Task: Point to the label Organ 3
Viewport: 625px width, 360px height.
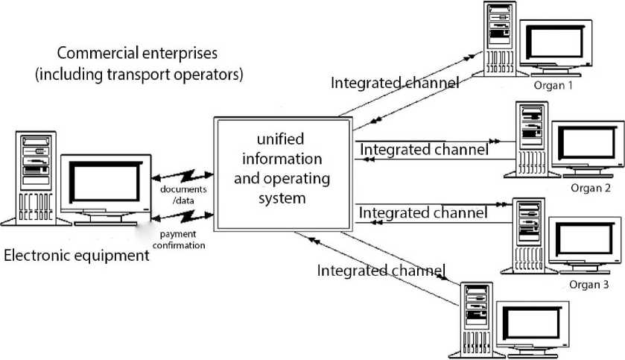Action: (588, 284)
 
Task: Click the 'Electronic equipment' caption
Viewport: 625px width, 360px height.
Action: (77, 256)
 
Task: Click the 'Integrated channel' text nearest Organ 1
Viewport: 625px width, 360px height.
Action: (395, 83)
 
